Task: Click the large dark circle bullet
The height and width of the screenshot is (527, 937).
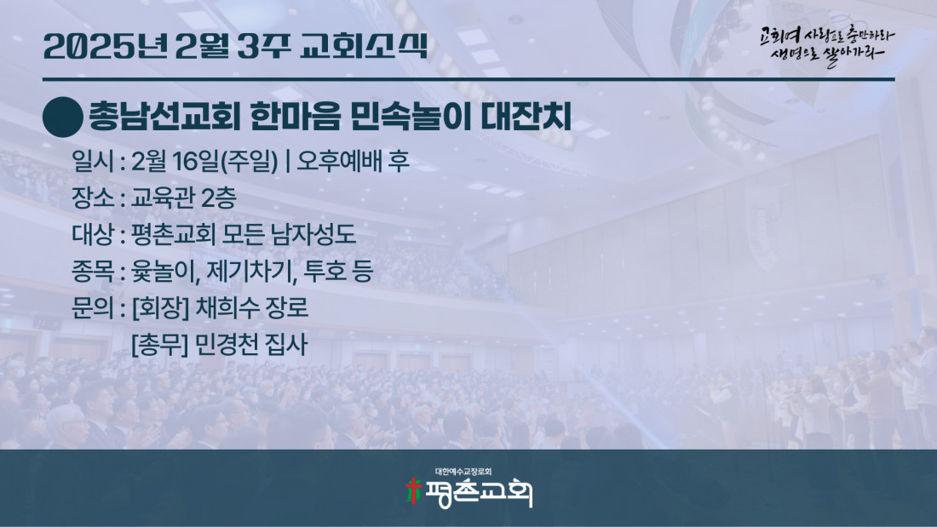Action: (x=63, y=117)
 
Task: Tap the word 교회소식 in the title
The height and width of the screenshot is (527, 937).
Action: (x=365, y=46)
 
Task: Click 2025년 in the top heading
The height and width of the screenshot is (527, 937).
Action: (x=105, y=46)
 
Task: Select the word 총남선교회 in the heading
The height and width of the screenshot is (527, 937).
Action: (x=164, y=117)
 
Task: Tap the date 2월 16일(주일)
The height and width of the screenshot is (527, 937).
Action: (x=204, y=161)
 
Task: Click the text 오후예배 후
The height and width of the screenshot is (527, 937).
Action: (x=354, y=161)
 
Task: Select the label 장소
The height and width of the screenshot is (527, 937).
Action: (x=93, y=198)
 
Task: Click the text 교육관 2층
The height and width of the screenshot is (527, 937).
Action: (x=183, y=198)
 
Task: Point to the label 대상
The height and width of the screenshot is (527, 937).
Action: (x=93, y=234)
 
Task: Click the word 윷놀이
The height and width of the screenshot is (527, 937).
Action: (x=165, y=272)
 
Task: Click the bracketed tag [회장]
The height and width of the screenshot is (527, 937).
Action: (x=160, y=308)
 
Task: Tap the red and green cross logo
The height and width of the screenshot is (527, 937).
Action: (x=413, y=490)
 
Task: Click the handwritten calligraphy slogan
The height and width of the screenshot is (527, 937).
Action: (x=827, y=46)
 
